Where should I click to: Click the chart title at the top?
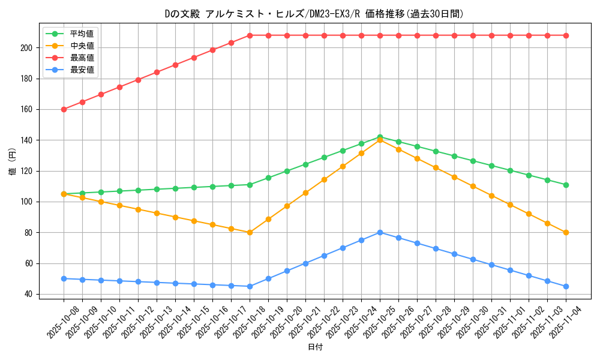coord(314,14)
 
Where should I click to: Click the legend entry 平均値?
coord(82,34)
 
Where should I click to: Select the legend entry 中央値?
coord(82,46)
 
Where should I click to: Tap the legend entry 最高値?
coord(82,58)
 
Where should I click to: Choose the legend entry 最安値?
coord(82,70)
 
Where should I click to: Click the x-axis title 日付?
coord(314,347)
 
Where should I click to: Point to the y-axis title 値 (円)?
coord(13,161)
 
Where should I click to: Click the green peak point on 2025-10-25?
coord(380,137)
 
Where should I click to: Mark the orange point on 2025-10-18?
coord(250,232)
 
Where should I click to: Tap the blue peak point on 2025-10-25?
coord(380,232)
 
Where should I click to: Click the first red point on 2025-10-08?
coord(64,109)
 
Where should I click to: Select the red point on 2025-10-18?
coord(250,35)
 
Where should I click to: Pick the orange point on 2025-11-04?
coord(566,232)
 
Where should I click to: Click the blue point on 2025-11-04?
coord(566,286)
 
